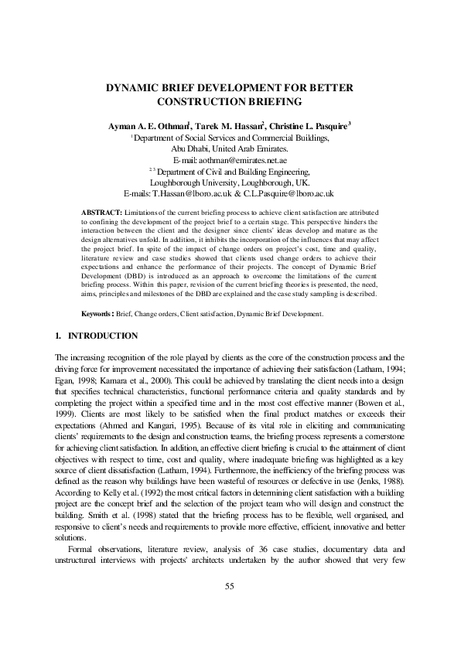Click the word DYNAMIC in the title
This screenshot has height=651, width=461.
pyautogui.click(x=131, y=88)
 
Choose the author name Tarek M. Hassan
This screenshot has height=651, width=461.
pyautogui.click(x=224, y=125)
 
